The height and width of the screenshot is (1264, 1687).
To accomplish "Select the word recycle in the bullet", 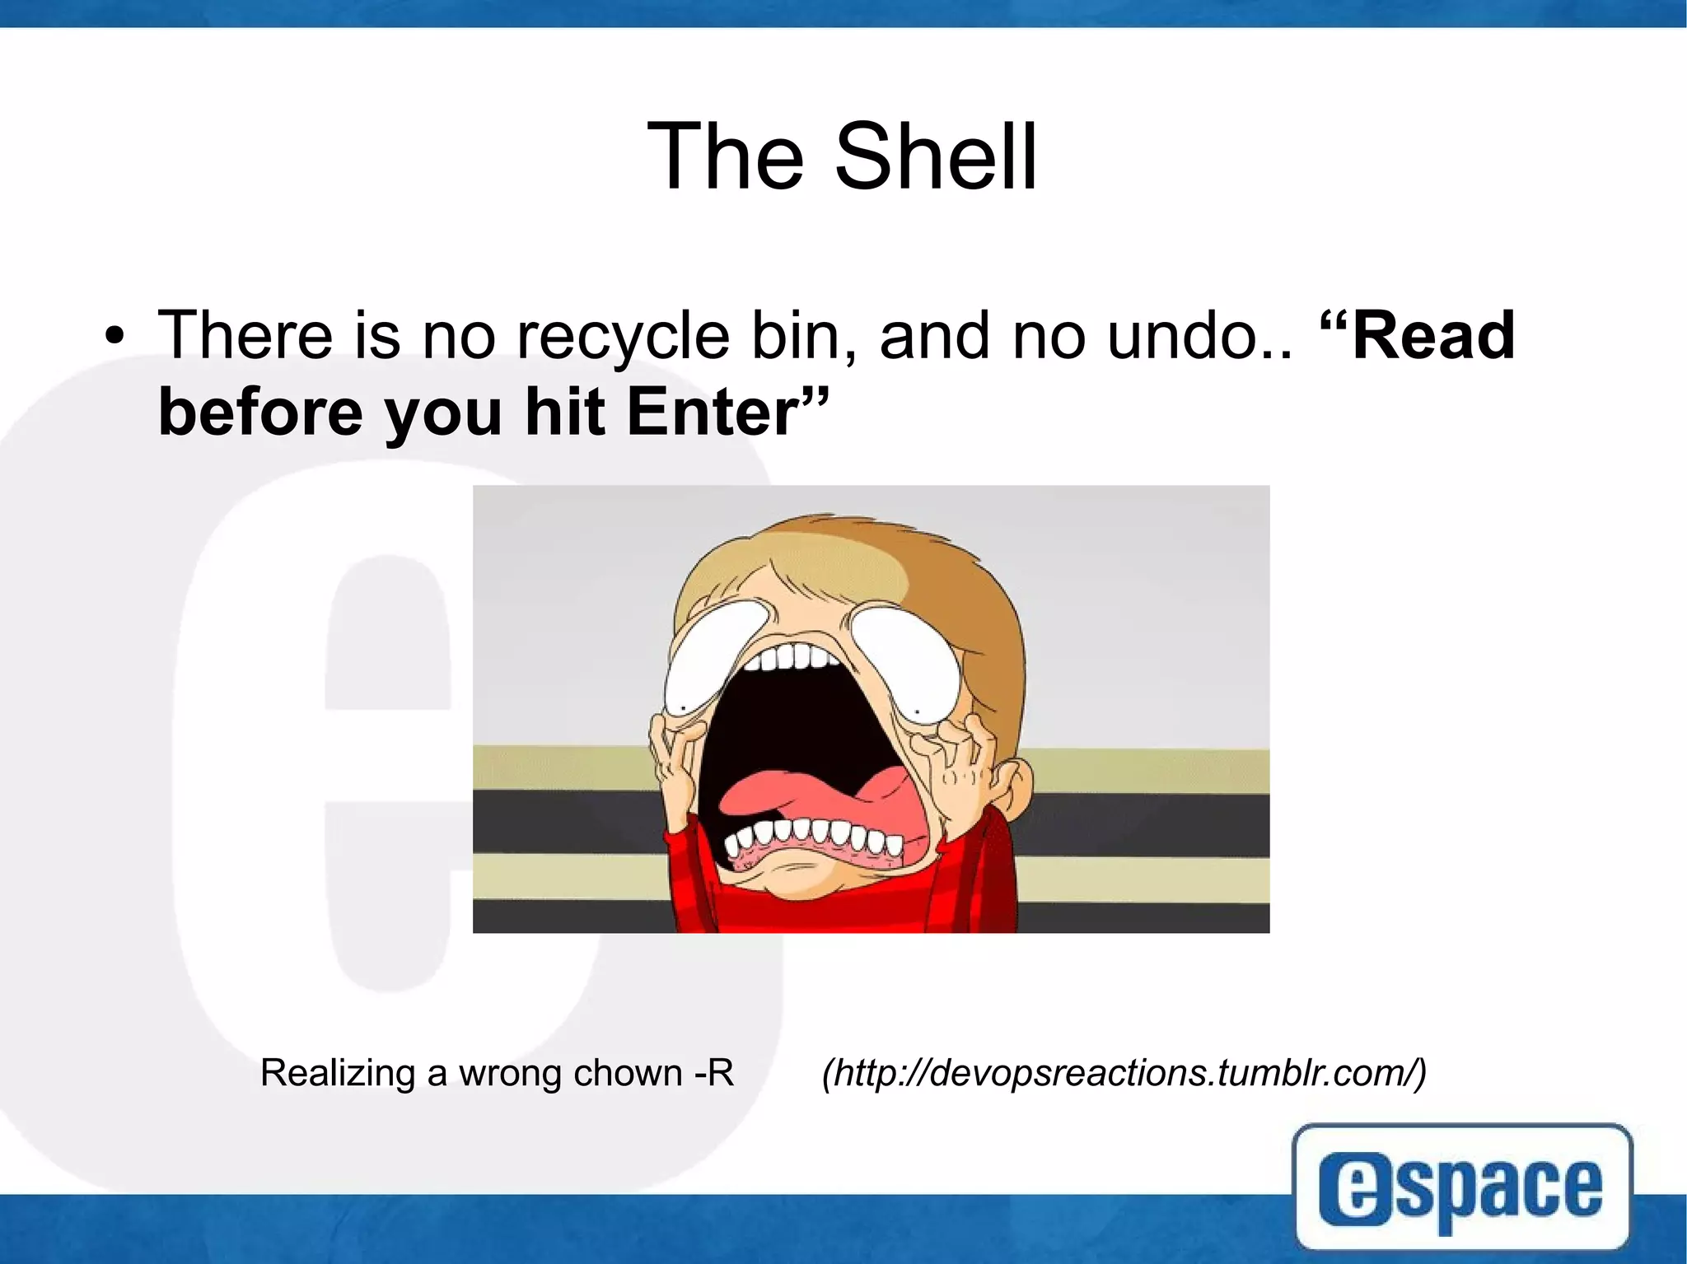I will [x=624, y=337].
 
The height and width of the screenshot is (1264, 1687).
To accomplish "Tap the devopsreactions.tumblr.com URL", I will [x=1124, y=1073].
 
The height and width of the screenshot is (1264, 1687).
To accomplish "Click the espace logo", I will [x=1461, y=1188].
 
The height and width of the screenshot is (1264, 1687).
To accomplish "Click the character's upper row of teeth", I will [x=795, y=659].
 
